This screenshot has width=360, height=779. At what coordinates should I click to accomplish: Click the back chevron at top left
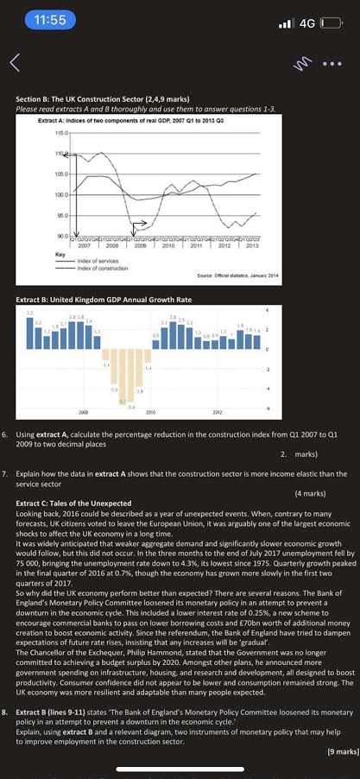(x=14, y=62)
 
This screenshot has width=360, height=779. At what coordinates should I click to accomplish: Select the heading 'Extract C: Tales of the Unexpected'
(x=74, y=503)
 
